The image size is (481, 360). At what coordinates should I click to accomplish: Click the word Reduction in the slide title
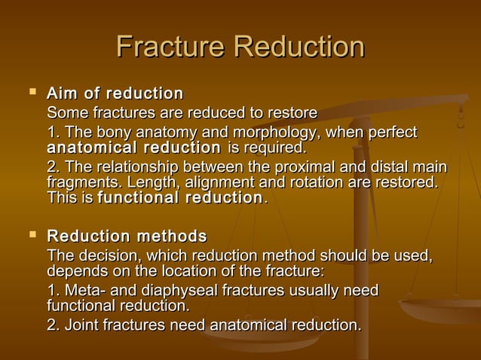coord(299,47)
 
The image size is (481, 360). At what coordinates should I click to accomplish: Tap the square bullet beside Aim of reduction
coord(31,93)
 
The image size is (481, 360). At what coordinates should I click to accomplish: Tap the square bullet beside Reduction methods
coord(31,236)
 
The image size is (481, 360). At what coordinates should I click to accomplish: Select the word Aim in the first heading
coord(62,94)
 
